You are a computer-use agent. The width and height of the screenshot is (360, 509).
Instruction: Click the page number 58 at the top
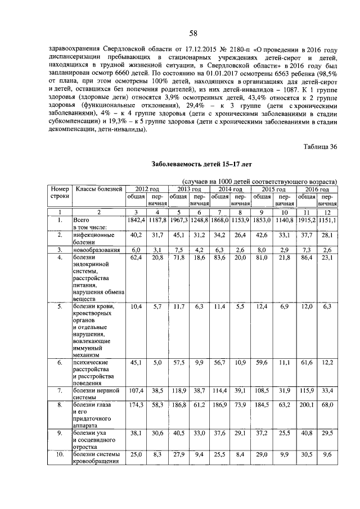pyautogui.click(x=193, y=33)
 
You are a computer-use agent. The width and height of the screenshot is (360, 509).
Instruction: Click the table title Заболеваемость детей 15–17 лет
pyautogui.click(x=193, y=165)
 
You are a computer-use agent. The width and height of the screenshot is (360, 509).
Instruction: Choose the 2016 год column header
pyautogui.click(x=317, y=189)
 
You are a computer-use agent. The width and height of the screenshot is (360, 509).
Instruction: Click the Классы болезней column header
pyautogui.click(x=99, y=189)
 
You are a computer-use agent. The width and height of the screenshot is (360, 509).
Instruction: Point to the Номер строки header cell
pyautogui.click(x=59, y=193)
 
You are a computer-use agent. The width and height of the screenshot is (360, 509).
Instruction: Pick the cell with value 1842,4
pyautogui.click(x=136, y=220)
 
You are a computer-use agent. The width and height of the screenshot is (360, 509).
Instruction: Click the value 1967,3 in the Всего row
pyautogui.click(x=179, y=220)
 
